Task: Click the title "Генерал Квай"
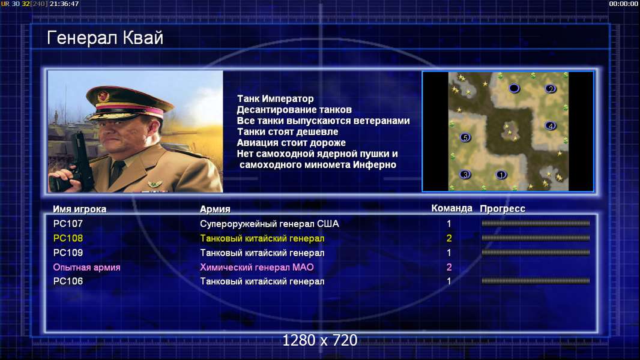tap(105, 38)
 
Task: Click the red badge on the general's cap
tap(104, 96)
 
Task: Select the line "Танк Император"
tap(276, 98)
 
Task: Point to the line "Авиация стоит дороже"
tap(291, 143)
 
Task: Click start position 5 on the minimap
tap(465, 137)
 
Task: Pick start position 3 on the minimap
tap(465, 175)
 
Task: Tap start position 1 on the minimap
tap(501, 175)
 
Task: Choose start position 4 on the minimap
tap(550, 125)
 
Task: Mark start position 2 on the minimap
tap(550, 88)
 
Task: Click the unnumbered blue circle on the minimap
tap(515, 88)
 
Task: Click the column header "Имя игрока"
tap(80, 209)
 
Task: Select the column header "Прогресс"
tap(503, 209)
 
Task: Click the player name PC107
tap(68, 223)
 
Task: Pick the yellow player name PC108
tap(68, 238)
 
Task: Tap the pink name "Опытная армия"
tap(86, 268)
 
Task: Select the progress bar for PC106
tap(536, 280)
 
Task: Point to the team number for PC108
tap(449, 238)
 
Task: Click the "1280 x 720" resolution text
tap(320, 340)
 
